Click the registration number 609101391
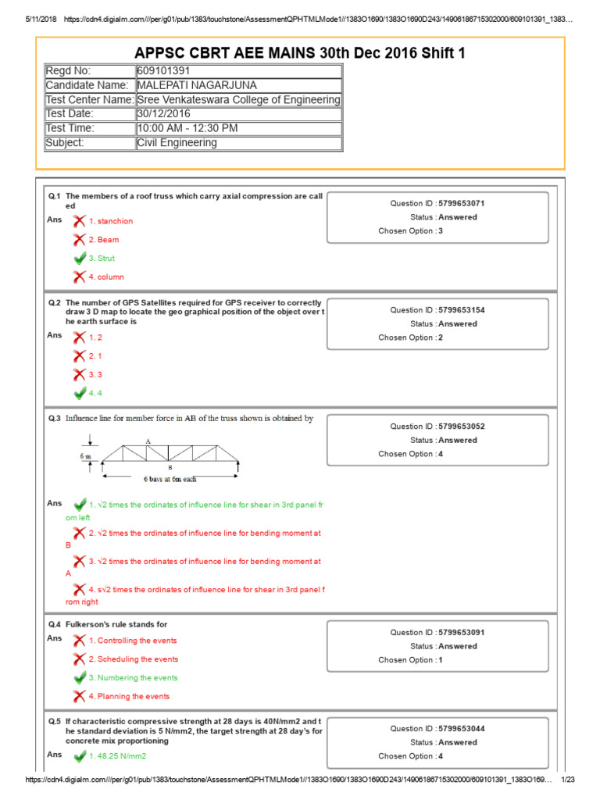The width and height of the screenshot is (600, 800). [x=163, y=71]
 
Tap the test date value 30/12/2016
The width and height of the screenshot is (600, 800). [x=162, y=114]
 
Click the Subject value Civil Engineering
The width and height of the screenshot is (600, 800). [x=177, y=143]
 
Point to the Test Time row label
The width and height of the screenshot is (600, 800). [x=70, y=128]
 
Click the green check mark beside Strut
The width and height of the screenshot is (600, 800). [x=79, y=258]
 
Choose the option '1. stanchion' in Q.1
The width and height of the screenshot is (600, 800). [x=110, y=221]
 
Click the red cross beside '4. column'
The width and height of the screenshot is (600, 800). [x=79, y=277]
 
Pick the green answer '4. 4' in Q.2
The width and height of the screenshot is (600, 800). [x=95, y=393]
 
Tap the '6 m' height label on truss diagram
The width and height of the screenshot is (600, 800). [x=86, y=453]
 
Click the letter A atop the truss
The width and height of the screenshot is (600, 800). [x=147, y=441]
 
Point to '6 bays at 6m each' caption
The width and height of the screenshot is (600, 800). [x=170, y=478]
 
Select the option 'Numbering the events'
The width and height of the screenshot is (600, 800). [x=133, y=678]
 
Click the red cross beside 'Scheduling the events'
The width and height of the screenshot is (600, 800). [x=79, y=659]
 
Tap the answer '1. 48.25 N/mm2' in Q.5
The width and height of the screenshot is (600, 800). [x=118, y=756]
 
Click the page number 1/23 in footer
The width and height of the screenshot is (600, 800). [x=569, y=780]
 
